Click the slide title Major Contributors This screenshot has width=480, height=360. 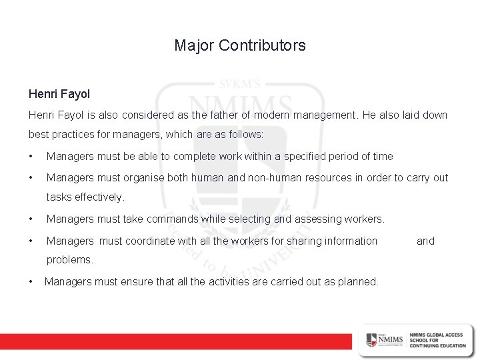(240, 45)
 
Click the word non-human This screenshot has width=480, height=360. (252, 178)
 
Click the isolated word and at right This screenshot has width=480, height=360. (425, 241)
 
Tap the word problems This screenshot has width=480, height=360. (70, 259)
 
